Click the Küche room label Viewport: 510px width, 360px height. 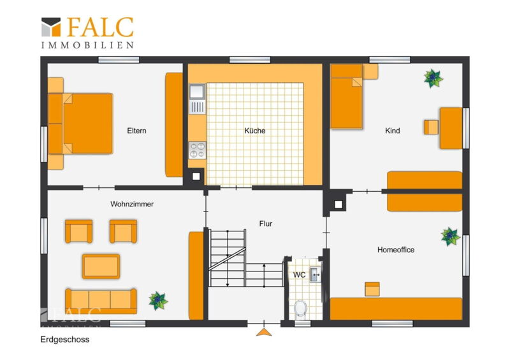[254, 131]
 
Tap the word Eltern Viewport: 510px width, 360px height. [136, 131]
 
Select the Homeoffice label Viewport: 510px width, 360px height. [396, 250]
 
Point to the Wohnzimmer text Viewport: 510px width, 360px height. [132, 205]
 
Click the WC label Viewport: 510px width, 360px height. [299, 275]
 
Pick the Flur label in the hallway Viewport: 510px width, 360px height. [266, 224]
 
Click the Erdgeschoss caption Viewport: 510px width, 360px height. [65, 340]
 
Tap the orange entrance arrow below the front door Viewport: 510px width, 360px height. [264, 332]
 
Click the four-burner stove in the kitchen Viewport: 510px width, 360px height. [197, 150]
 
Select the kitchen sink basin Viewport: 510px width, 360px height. [197, 92]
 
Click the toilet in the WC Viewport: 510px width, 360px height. [300, 308]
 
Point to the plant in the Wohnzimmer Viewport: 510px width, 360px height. [158, 301]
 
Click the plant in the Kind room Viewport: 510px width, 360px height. [433, 78]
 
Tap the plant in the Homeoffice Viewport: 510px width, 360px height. [451, 236]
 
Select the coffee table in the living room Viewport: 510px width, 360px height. [101, 266]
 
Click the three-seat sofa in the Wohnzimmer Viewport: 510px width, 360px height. [101, 301]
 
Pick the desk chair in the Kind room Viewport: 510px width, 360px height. [431, 127]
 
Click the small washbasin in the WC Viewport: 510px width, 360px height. [315, 275]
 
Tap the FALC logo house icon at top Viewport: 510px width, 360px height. [51, 27]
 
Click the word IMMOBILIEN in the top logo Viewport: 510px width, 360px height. [87, 45]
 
